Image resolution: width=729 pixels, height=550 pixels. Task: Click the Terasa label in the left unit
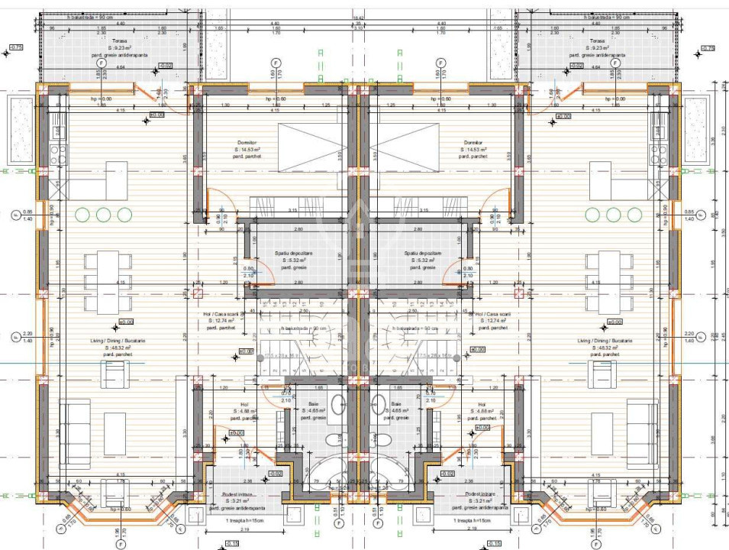tap(118, 41)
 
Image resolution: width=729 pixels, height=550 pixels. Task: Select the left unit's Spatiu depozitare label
tap(294, 253)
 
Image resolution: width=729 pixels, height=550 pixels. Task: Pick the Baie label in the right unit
tap(396, 404)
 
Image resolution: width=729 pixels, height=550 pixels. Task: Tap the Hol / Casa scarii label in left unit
tap(223, 314)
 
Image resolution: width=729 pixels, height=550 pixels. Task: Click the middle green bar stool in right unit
tap(615, 215)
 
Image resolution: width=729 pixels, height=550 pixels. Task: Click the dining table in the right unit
tap(609, 281)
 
